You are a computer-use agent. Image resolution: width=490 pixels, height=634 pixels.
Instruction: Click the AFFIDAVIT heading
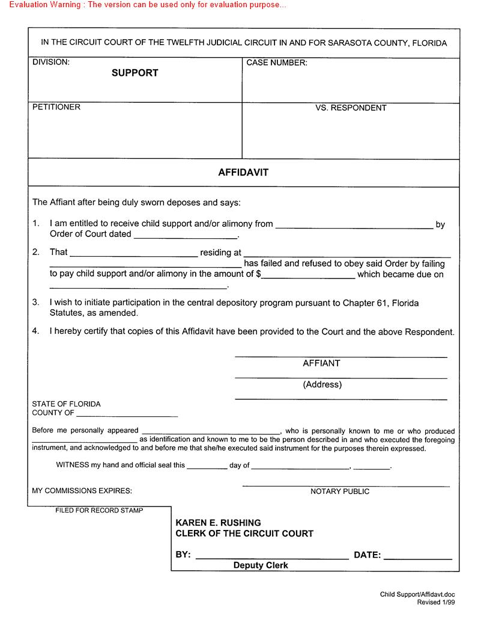point(243,172)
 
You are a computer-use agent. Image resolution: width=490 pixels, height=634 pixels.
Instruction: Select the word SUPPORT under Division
point(135,73)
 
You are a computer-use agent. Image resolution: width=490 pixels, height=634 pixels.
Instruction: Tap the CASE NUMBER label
point(277,63)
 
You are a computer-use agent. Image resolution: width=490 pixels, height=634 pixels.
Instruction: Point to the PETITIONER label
point(56,107)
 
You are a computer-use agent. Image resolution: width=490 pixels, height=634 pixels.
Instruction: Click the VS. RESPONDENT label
point(351,108)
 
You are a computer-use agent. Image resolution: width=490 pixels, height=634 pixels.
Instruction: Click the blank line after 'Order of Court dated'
point(186,235)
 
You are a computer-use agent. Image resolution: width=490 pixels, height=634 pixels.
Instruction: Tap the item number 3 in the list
point(36,303)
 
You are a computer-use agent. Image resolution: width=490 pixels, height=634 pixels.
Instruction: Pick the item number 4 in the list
point(36,331)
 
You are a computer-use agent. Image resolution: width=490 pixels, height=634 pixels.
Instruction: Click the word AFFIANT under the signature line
point(321,363)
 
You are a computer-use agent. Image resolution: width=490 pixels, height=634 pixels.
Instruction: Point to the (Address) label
point(322,384)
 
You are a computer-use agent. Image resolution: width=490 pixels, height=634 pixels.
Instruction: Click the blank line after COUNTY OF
point(127,414)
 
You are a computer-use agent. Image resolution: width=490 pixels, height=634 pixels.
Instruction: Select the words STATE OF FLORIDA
point(66,404)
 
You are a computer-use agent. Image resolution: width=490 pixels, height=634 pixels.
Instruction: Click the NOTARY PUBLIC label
point(340,491)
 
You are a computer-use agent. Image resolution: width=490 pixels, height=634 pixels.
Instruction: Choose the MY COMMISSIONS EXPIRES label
point(82,491)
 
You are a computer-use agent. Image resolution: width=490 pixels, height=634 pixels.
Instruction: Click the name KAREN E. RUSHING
point(218,523)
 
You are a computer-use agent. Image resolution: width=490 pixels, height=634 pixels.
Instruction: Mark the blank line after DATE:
point(417,556)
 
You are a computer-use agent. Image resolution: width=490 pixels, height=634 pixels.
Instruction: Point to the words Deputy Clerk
point(261,565)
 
